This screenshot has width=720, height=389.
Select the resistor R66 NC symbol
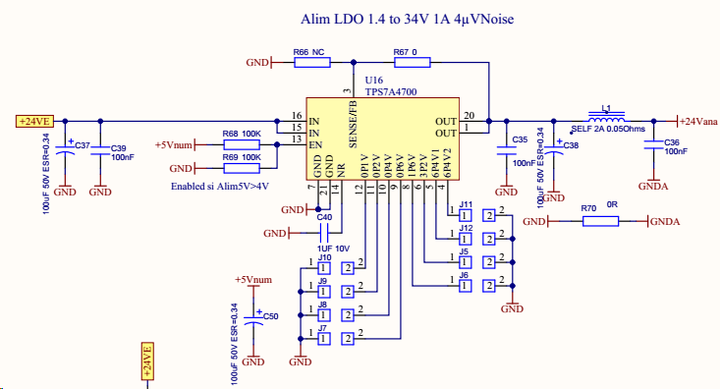coord(312,63)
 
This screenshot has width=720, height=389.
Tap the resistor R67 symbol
coord(412,63)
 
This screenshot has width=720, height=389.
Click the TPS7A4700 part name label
coord(390,90)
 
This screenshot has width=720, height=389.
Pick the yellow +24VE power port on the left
coord(32,121)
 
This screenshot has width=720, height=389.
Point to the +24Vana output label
coord(697,121)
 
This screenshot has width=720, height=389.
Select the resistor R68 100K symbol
coord(242,144)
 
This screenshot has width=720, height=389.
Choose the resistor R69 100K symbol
coord(242,168)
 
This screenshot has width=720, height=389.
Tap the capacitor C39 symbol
coord(100,153)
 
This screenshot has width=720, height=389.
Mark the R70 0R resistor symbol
coord(600,222)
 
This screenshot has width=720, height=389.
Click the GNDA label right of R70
coord(665,222)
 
